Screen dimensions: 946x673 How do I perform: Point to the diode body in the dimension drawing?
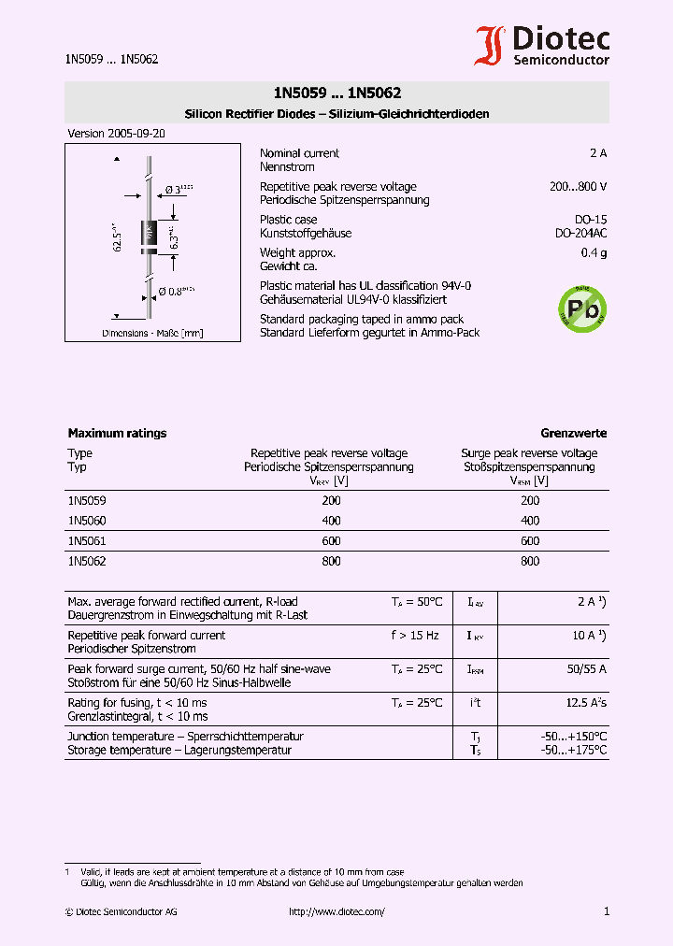pos(148,237)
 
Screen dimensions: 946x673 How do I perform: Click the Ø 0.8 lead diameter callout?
pos(175,291)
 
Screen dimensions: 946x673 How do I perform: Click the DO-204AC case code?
pos(580,234)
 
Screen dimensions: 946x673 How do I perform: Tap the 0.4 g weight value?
pos(594,253)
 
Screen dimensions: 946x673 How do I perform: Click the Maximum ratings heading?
pos(117,434)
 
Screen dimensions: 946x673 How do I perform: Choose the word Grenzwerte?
pos(573,434)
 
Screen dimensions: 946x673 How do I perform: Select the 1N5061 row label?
pos(87,541)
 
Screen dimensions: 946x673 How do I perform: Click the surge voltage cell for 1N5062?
pos(529,562)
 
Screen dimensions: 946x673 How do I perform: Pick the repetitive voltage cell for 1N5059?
pos(331,501)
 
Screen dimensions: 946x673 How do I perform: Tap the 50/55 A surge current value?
pos(586,669)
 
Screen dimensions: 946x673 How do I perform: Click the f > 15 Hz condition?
pos(415,636)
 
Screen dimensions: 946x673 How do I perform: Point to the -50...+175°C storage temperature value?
pos(573,750)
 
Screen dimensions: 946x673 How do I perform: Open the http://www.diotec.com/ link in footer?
pos(336,912)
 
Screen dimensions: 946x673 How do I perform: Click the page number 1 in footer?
pos(606,911)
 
